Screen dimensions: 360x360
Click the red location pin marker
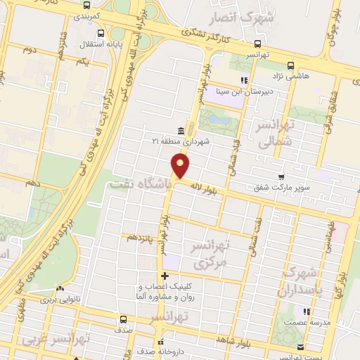click(181, 166)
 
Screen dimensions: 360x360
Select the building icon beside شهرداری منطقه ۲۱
click(181, 131)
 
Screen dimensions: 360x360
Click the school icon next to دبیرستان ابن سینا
click(244, 79)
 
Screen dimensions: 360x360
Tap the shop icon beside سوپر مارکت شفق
click(281, 177)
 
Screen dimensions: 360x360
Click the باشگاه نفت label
click(140, 184)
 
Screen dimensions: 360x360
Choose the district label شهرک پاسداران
click(301, 282)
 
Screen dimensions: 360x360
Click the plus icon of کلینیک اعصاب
click(165, 276)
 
